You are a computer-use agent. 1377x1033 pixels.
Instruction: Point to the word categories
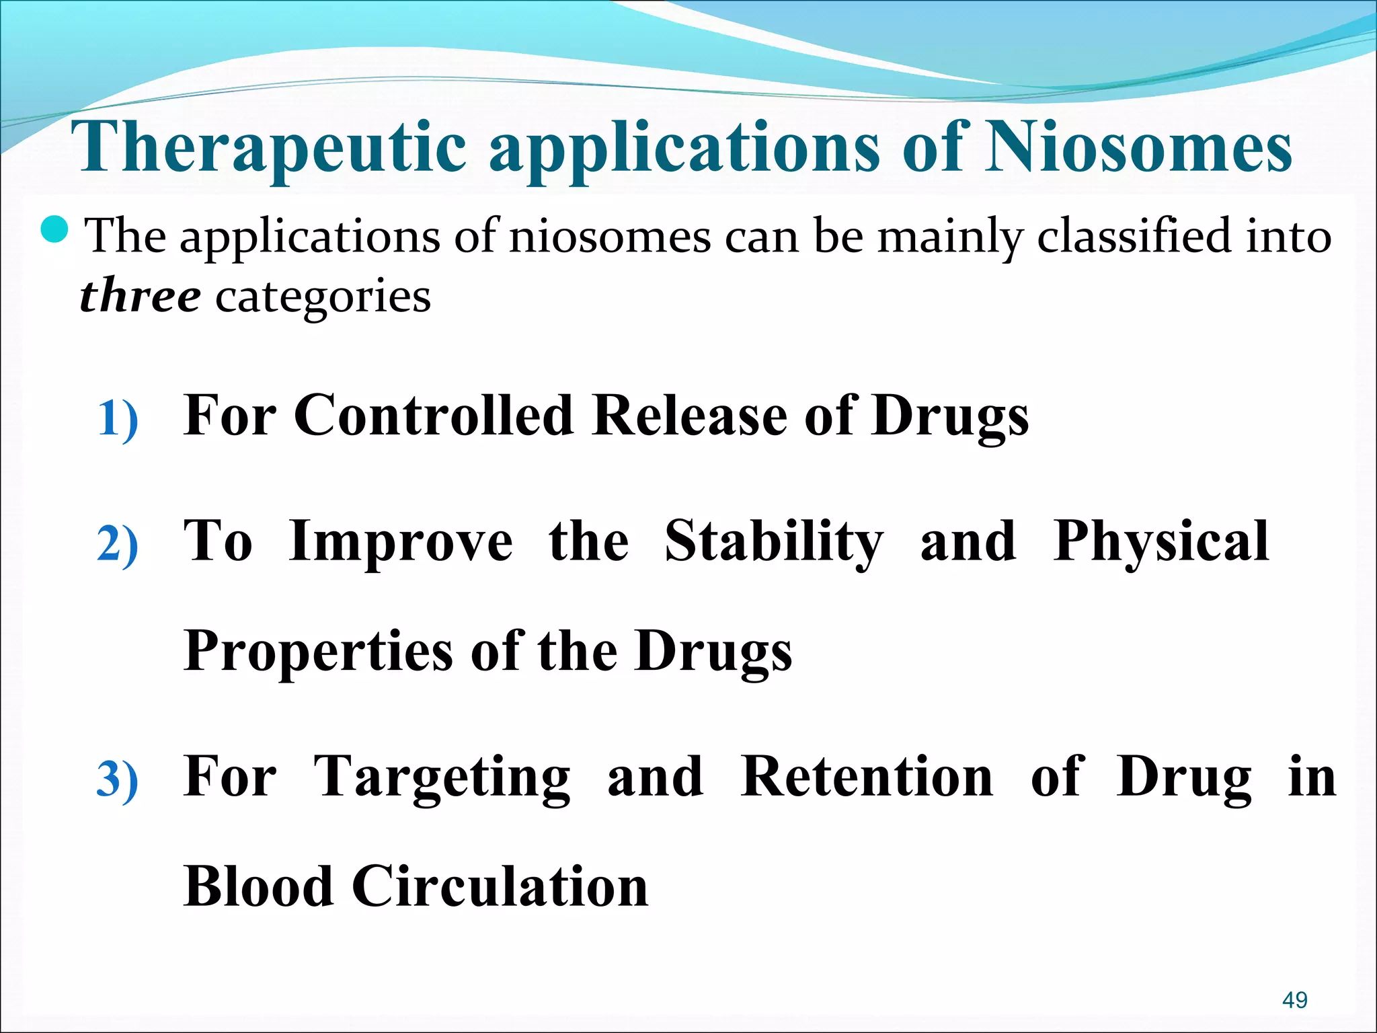(x=323, y=297)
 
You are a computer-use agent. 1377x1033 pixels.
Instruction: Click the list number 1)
(x=118, y=419)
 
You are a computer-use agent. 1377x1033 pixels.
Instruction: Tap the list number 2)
(x=118, y=544)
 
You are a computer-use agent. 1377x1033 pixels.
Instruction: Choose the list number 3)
(x=118, y=779)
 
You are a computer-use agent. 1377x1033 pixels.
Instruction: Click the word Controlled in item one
(x=434, y=415)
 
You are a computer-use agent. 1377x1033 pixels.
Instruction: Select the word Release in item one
(x=690, y=415)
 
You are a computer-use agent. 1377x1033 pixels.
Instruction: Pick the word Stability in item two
(x=774, y=541)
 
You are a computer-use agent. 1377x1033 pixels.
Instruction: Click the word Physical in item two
(x=1160, y=541)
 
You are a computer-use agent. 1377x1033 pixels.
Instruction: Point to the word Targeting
(x=442, y=777)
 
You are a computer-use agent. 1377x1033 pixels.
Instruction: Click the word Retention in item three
(x=866, y=777)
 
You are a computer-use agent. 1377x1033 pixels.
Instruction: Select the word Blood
(x=258, y=886)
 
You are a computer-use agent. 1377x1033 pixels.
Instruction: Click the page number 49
(x=1294, y=1000)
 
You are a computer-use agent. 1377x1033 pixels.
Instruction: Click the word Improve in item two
(x=400, y=541)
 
